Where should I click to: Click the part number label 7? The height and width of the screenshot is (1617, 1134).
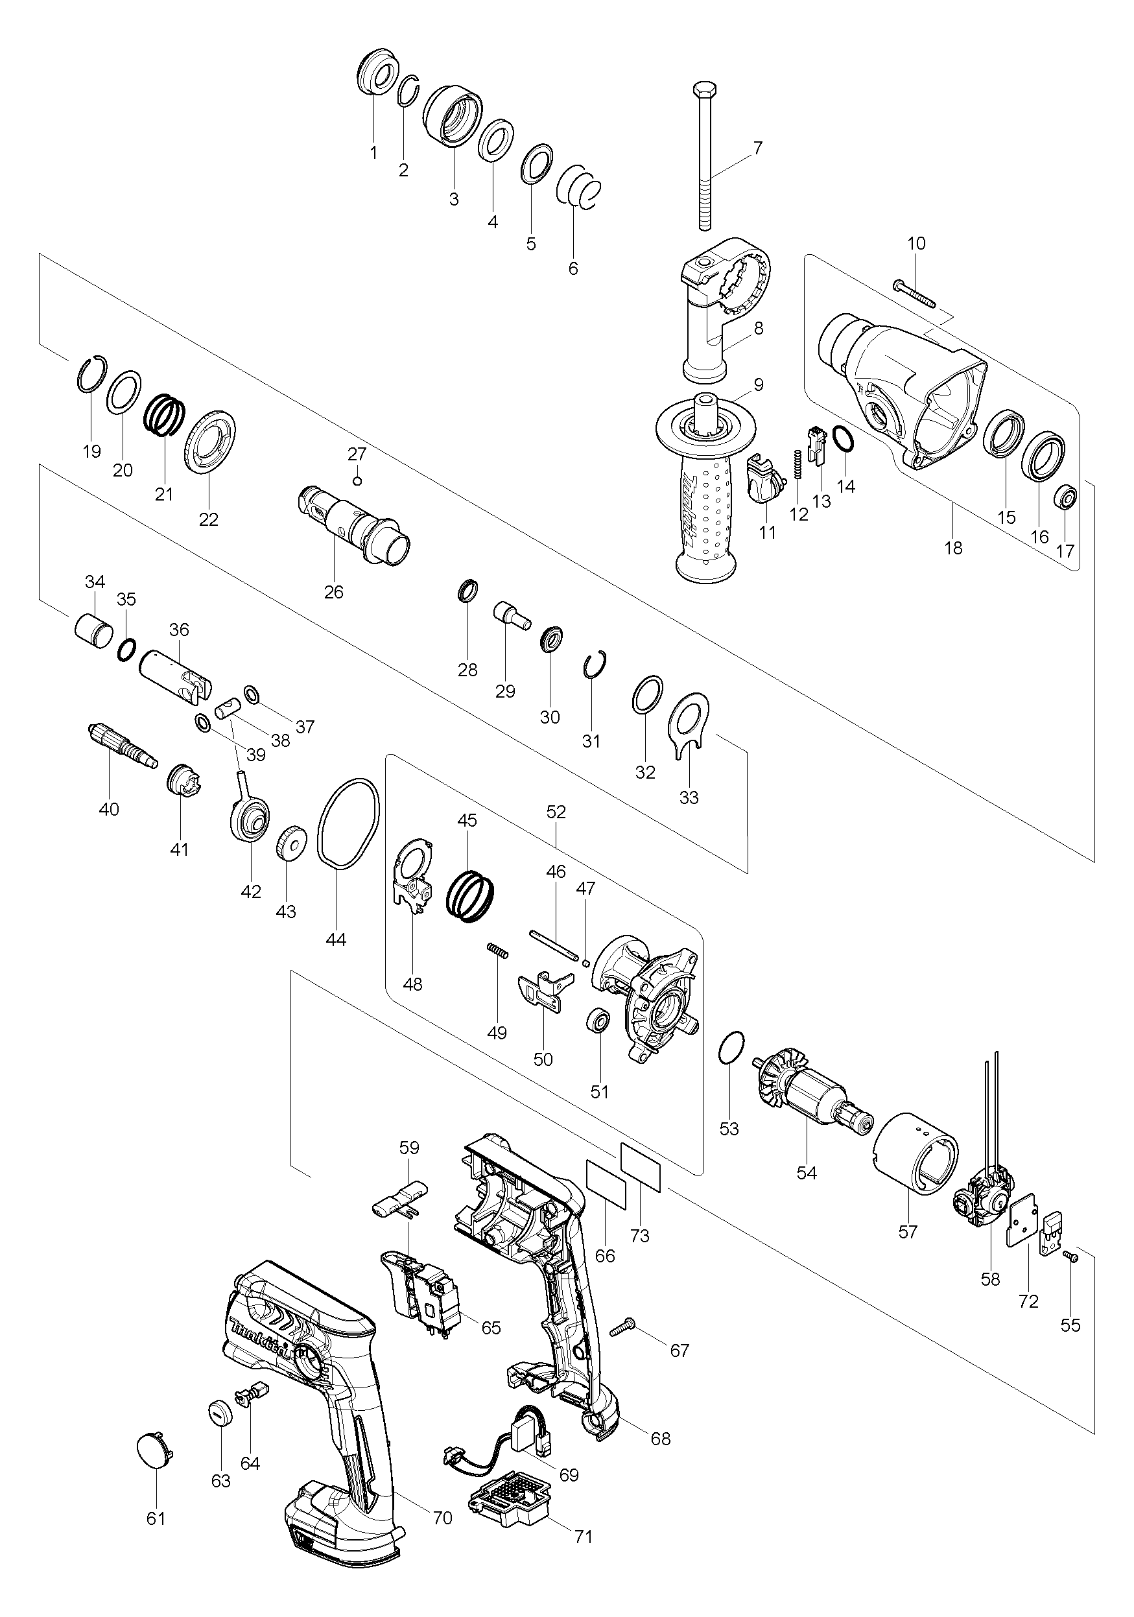757,148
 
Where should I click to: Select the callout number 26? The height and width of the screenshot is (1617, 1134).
334,593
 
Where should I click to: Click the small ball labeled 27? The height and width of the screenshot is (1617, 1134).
358,481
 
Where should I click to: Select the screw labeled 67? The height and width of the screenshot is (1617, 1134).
624,1328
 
